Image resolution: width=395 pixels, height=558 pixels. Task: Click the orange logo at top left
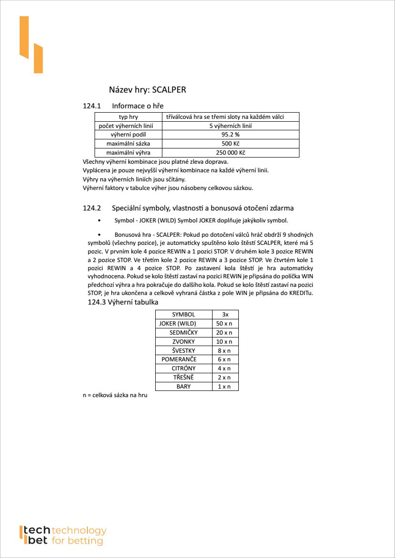pyautogui.click(x=31, y=44)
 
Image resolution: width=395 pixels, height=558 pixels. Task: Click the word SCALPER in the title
pyautogui.click(x=169, y=89)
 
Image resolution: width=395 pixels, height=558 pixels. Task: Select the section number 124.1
pyautogui.click(x=92, y=105)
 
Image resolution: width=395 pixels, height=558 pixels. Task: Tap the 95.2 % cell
pyautogui.click(x=231, y=135)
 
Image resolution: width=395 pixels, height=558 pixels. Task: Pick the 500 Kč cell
pyautogui.click(x=231, y=144)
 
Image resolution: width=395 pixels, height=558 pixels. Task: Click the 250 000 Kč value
pyautogui.click(x=231, y=153)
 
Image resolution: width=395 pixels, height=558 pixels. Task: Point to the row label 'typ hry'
pyautogui.click(x=128, y=117)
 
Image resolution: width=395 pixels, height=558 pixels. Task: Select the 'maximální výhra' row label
pyautogui.click(x=128, y=153)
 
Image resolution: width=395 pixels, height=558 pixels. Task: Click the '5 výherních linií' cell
pyautogui.click(x=231, y=126)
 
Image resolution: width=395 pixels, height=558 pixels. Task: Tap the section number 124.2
pyautogui.click(x=92, y=208)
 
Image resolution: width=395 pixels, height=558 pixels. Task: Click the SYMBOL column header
pyautogui.click(x=183, y=315)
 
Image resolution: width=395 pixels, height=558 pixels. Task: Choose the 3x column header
pyautogui.click(x=225, y=315)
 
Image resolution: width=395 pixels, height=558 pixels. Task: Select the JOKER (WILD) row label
pyautogui.click(x=178, y=324)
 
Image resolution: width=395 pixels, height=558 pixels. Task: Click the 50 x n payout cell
pyautogui.click(x=224, y=324)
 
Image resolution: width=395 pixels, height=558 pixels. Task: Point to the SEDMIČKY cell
pyautogui.click(x=183, y=332)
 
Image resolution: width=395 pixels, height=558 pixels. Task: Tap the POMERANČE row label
pyautogui.click(x=179, y=359)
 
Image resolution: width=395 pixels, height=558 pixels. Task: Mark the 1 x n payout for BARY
pyautogui.click(x=224, y=387)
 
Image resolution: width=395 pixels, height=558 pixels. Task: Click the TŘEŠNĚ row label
pyautogui.click(x=183, y=378)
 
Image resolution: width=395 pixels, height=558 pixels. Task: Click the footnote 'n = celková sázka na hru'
pyautogui.click(x=115, y=396)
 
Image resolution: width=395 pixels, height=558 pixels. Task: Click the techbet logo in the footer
pyautogui.click(x=62, y=536)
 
